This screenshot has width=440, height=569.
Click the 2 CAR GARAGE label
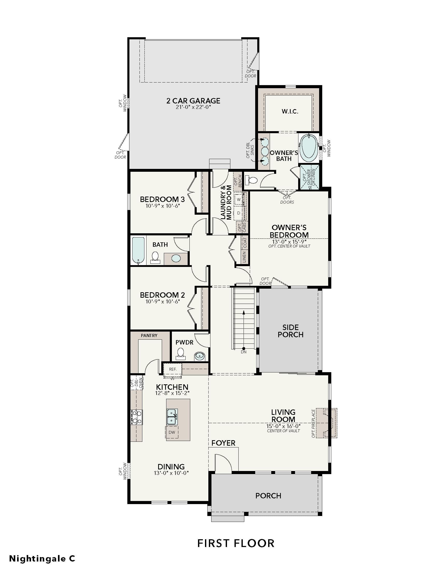tap(193, 101)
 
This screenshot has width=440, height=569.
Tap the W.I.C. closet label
tap(290, 111)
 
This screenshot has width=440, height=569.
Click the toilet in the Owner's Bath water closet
tap(251, 180)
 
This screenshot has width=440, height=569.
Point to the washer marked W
tap(239, 200)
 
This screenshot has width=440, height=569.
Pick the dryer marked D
tap(239, 213)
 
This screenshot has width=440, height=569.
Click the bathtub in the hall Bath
tap(138, 250)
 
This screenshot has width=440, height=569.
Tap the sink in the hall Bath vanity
tap(176, 258)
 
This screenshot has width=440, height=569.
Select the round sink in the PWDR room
tap(200, 356)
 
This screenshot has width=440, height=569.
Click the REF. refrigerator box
tap(173, 369)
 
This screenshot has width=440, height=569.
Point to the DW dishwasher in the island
tap(172, 432)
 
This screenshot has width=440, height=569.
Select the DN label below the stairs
tap(244, 352)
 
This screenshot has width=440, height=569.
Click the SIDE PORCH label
tap(290, 331)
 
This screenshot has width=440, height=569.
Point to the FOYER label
tap(223, 443)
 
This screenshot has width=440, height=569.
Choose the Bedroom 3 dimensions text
tap(163, 206)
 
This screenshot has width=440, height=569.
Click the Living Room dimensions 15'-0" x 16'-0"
tap(283, 426)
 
